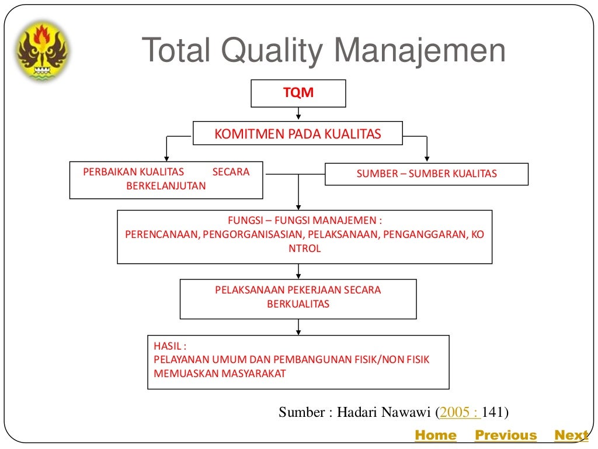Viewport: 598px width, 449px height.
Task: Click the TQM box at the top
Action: (x=298, y=94)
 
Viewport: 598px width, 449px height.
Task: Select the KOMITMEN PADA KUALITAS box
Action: (x=298, y=134)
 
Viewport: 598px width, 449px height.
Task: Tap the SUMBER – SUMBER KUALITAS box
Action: (x=426, y=174)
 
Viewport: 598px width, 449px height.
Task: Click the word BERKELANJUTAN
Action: (x=166, y=186)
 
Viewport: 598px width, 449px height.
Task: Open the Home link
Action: (x=435, y=435)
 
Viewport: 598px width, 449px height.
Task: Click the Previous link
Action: (x=506, y=435)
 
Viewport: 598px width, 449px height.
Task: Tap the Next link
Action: (x=571, y=435)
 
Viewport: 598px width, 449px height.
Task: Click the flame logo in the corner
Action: (x=43, y=51)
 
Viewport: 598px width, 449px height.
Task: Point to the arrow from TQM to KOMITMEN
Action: (x=298, y=115)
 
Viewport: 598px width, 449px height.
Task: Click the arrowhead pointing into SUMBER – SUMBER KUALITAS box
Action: (x=427, y=158)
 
